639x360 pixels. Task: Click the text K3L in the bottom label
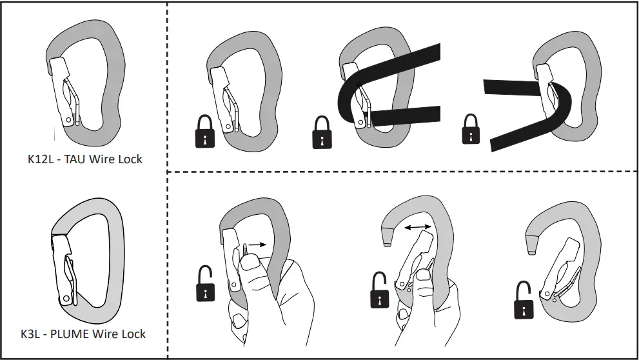pyautogui.click(x=33, y=334)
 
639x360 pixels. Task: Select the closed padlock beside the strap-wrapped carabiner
pyautogui.click(x=322, y=133)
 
